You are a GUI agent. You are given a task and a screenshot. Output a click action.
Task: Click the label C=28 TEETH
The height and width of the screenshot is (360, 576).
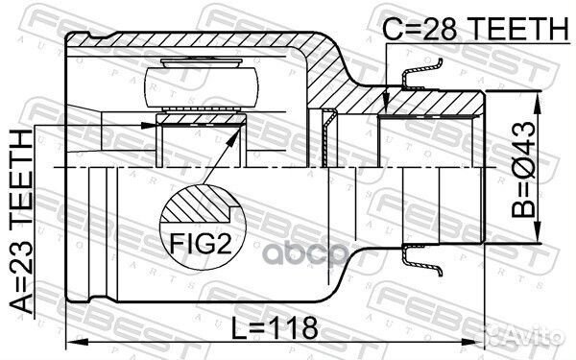(x=475, y=29)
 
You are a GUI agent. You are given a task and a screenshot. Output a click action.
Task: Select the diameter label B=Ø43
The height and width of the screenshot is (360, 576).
(x=524, y=169)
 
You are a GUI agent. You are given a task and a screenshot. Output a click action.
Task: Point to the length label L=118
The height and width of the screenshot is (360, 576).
(x=275, y=328)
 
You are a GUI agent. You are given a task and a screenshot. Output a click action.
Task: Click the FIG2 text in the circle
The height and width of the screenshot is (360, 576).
(x=201, y=243)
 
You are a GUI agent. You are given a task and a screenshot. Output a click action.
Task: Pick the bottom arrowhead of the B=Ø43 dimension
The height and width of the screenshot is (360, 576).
(x=538, y=232)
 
